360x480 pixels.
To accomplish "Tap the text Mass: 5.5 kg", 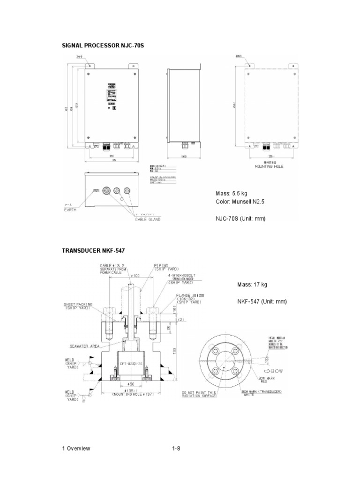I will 231,193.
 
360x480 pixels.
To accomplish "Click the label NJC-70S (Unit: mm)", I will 240,218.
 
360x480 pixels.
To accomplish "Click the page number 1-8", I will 176,448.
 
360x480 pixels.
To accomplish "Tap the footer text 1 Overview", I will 76,448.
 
